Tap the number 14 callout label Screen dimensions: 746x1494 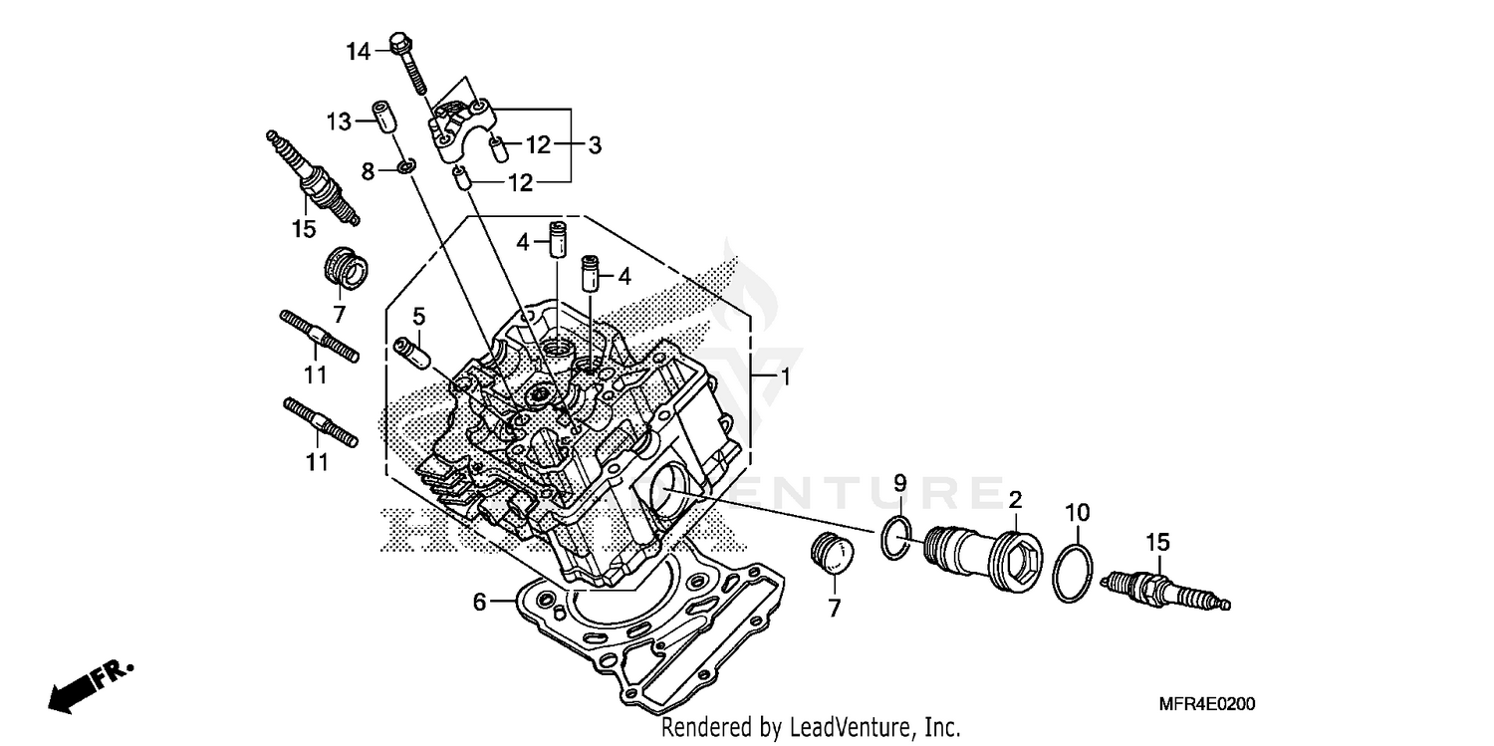click(x=358, y=51)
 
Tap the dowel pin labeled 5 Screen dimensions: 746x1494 click(x=411, y=352)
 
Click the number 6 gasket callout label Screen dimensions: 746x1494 click(x=479, y=602)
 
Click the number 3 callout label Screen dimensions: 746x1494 click(x=594, y=145)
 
